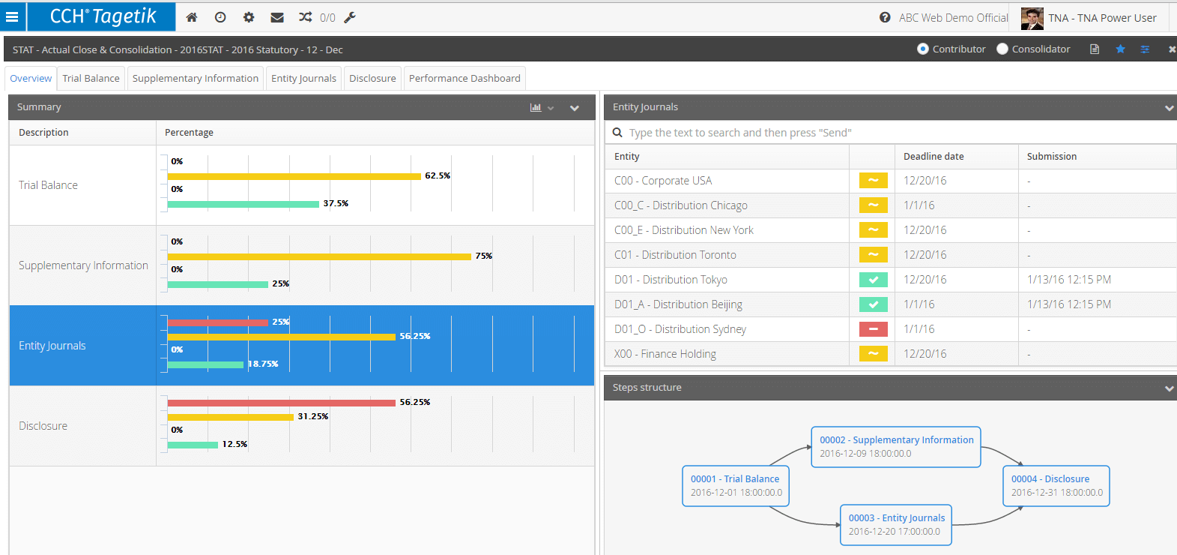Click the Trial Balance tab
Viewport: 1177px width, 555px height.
[x=91, y=78]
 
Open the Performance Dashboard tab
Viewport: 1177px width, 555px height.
[x=465, y=78]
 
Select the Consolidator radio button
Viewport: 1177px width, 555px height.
[x=1002, y=49]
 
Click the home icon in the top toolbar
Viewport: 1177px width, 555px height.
[x=192, y=17]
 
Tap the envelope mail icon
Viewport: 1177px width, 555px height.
[x=276, y=17]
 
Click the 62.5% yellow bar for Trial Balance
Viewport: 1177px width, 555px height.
[x=294, y=176]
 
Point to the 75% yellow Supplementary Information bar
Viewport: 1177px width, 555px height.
[x=319, y=256]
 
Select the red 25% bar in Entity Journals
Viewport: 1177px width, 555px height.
[x=217, y=322]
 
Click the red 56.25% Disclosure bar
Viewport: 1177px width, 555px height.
[x=281, y=403]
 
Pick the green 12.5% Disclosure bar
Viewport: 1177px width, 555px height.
[x=193, y=445]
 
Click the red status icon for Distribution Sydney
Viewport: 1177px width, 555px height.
[x=873, y=329]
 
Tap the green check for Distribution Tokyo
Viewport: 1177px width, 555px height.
[x=873, y=280]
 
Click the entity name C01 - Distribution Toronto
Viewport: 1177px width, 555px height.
[x=675, y=255]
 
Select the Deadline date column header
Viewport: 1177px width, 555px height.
[x=934, y=157]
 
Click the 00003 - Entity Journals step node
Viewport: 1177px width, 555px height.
[x=896, y=525]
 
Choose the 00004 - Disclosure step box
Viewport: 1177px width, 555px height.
[x=1056, y=486]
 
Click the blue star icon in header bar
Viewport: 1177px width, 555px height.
[x=1120, y=49]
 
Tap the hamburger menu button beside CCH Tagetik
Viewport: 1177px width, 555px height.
[x=12, y=16]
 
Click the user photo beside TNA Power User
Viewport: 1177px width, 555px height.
[x=1032, y=18]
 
